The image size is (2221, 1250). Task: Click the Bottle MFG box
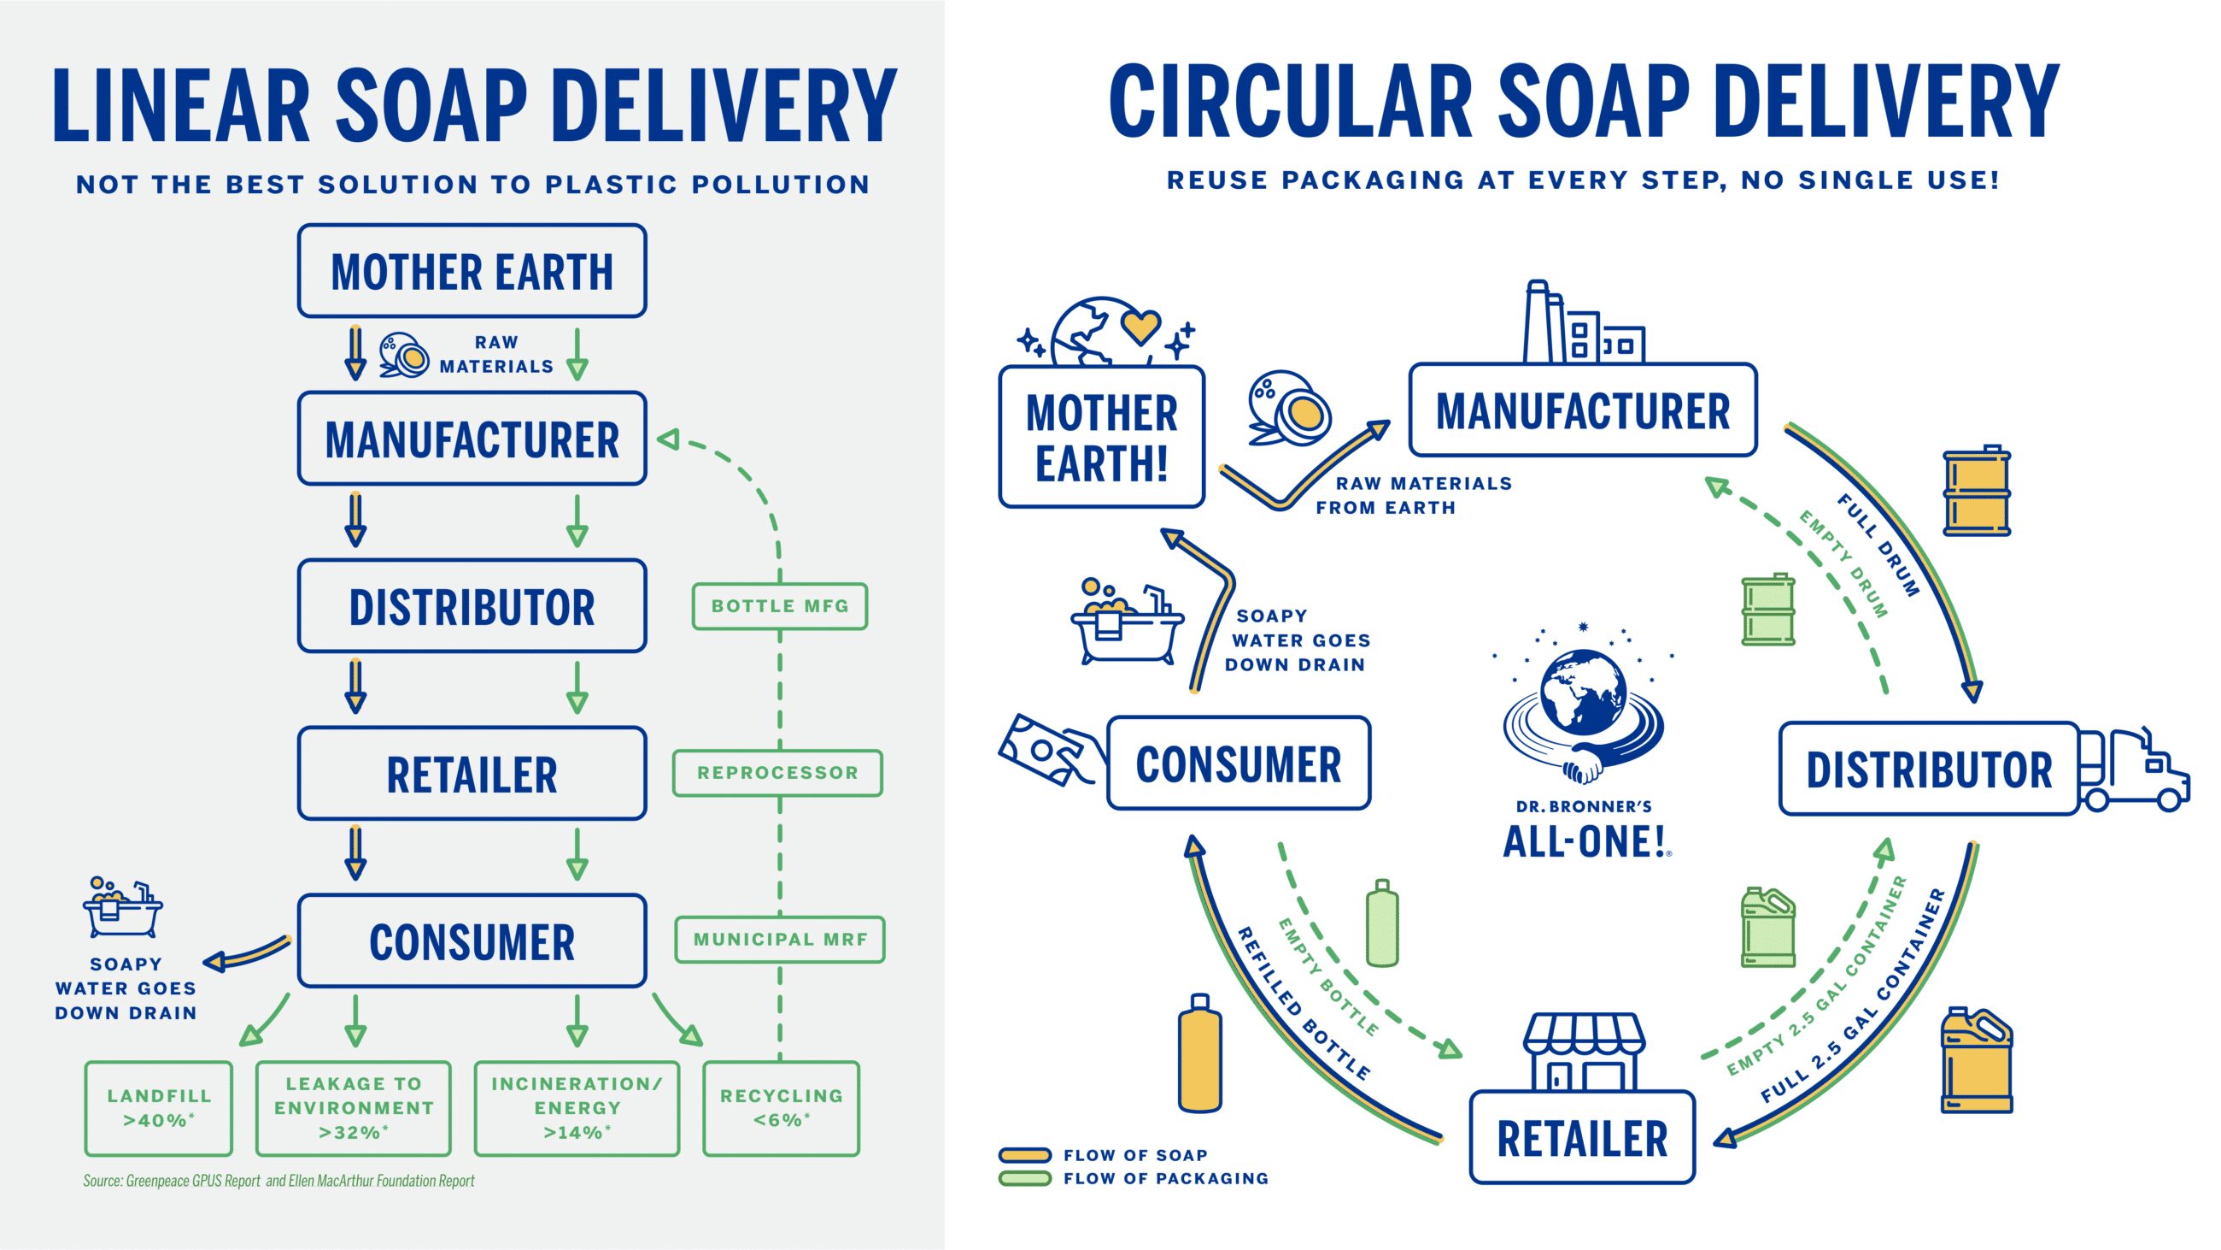coord(779,605)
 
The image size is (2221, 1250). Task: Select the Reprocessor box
coord(777,772)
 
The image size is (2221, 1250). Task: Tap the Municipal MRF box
coord(779,939)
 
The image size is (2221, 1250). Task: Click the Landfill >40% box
coord(159,1108)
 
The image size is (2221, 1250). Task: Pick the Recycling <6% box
coord(781,1108)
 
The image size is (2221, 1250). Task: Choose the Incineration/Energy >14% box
coord(577,1108)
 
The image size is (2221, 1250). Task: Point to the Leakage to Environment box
coord(354,1108)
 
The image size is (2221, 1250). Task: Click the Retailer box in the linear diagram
coord(472,773)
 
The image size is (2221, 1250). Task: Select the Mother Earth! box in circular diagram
coord(1101,438)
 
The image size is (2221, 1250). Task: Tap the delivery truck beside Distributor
coord(2133,772)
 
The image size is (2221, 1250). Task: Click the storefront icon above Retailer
coord(1583,1052)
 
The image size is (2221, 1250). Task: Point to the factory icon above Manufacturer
coord(1580,323)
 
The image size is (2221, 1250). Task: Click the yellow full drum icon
coord(1976,491)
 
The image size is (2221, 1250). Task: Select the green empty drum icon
coord(1767,610)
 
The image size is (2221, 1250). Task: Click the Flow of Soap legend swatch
coord(1024,1154)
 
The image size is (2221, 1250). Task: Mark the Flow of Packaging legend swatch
coord(1024,1178)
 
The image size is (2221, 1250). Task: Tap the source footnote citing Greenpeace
coord(278,1180)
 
